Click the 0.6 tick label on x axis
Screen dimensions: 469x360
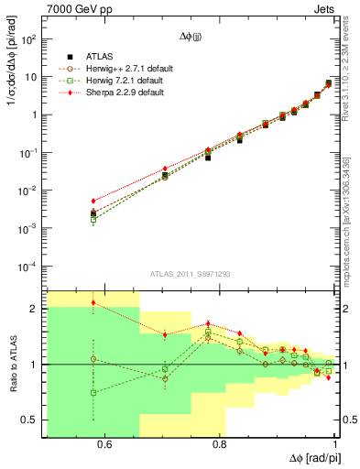pos(104,445)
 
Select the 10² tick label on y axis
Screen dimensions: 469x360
pos(30,39)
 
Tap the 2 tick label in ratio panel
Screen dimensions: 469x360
pos(35,309)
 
